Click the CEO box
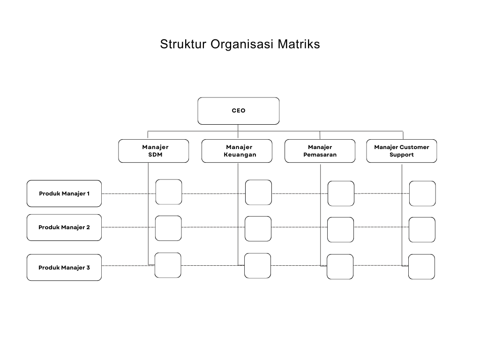(238, 111)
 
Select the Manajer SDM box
(154, 151)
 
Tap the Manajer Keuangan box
(237, 151)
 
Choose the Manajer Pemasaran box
(320, 151)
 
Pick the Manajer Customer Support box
(401, 151)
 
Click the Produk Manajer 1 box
(64, 194)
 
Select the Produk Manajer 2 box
(64, 227)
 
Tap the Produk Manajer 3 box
(64, 268)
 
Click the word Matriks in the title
(299, 45)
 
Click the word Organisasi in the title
(242, 45)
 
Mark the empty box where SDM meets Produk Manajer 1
(169, 192)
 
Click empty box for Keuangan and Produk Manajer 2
(258, 229)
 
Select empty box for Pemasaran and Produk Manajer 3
(340, 267)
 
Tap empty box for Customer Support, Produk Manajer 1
(422, 194)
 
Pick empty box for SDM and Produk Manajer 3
(168, 265)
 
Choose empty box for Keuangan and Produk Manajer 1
(258, 193)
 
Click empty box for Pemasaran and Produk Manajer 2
(340, 230)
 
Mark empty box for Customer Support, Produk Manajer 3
(421, 267)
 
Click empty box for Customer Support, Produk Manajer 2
(422, 230)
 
